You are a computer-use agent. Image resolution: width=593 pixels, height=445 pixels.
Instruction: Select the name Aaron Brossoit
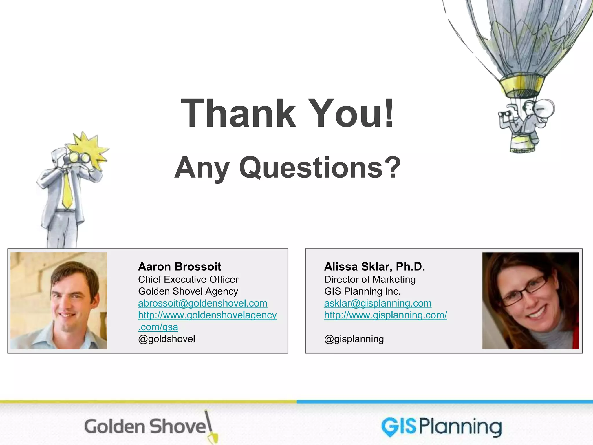tap(180, 267)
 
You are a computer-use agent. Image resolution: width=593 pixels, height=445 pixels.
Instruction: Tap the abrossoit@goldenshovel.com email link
tap(203, 303)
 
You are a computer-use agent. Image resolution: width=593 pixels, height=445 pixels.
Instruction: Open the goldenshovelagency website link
tap(207, 315)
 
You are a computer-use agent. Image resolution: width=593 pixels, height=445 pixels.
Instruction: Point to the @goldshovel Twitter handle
tap(166, 339)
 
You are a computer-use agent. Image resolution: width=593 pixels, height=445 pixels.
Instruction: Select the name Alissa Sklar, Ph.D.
tap(374, 267)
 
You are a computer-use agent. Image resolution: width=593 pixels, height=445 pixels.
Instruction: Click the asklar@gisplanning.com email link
tap(378, 303)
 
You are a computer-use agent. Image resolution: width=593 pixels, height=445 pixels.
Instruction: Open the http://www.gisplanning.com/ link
tap(385, 315)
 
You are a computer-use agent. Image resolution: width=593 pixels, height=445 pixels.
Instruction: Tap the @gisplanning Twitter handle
tap(354, 339)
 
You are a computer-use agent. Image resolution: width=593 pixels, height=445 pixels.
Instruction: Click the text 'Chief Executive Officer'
tap(188, 279)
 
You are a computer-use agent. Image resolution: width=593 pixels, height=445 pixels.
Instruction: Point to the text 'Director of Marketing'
tap(370, 279)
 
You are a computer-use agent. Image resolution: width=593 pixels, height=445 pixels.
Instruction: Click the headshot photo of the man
tap(59, 300)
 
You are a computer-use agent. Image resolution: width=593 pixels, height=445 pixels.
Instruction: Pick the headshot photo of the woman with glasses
tap(530, 300)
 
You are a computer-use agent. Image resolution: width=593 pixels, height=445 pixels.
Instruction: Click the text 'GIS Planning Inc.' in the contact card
tap(362, 291)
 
